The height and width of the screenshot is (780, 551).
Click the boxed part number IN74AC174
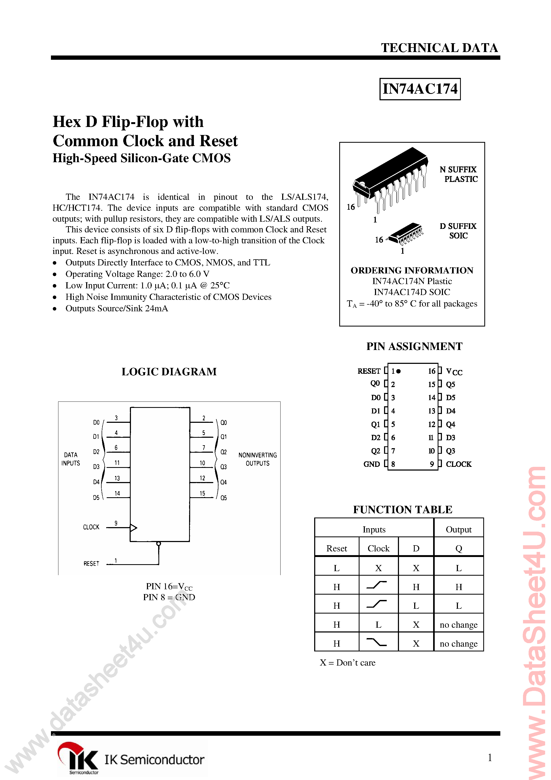420,89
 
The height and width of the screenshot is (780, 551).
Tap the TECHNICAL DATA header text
439,48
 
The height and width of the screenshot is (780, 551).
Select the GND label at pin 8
371,464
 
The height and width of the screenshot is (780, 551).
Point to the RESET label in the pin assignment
369,371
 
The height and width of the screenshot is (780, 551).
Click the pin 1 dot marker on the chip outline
399,371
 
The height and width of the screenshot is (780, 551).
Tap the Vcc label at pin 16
454,371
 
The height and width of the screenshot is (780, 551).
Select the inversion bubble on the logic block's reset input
158,544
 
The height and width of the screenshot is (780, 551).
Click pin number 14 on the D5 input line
117,493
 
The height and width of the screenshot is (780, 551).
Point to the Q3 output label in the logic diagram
223,467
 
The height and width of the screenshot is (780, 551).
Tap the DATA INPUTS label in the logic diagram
71,459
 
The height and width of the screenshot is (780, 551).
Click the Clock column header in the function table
378,548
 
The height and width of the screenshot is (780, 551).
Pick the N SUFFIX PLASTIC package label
459,174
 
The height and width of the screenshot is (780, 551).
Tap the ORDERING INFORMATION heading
412,270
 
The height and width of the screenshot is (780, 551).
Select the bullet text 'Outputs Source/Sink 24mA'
117,308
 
